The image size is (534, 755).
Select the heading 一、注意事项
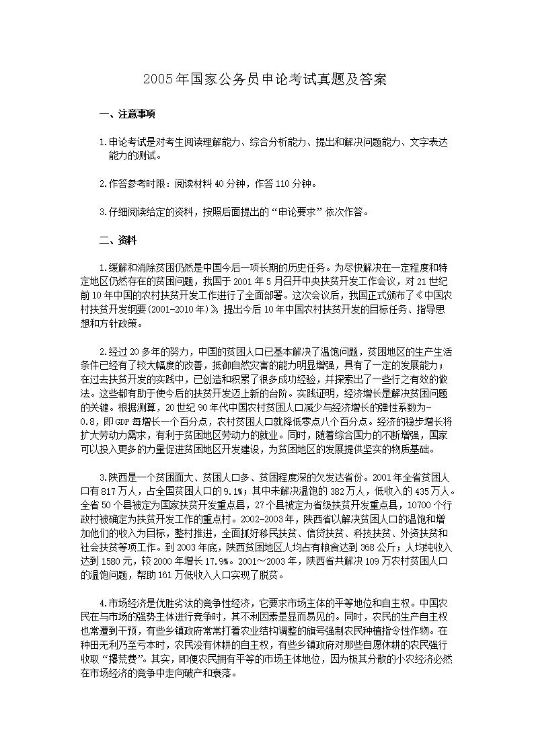[x=127, y=114]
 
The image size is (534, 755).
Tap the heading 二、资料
[x=118, y=239]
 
